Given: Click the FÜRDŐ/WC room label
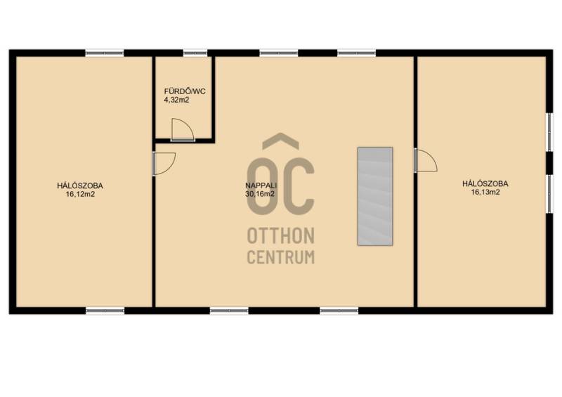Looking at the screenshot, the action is pos(185,91).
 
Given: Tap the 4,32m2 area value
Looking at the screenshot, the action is pos(176,100).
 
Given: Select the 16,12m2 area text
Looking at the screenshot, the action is pos(80,195).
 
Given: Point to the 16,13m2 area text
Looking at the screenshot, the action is pos(485,193).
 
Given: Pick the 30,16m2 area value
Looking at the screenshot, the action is pos(260,194).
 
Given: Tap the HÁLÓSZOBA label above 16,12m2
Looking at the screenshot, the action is pos(80,186).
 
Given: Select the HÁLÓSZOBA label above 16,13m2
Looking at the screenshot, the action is pos(485,183).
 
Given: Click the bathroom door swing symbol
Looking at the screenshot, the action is pos(183,129).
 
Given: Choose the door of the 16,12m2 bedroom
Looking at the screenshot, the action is pos(164,164).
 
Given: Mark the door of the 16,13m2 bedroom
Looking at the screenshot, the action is pos(426,160).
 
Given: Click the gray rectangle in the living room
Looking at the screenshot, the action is pos(375,196).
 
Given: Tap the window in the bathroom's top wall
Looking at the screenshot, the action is pos(195,53).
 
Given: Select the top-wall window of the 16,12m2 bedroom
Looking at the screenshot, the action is pos(105,53).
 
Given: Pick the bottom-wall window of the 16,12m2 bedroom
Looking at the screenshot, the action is pos(105,311).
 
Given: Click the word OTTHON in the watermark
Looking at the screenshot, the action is pos(281,235).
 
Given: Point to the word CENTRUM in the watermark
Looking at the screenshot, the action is pos(281,256).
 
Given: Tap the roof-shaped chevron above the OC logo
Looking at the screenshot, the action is pos(280,141).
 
